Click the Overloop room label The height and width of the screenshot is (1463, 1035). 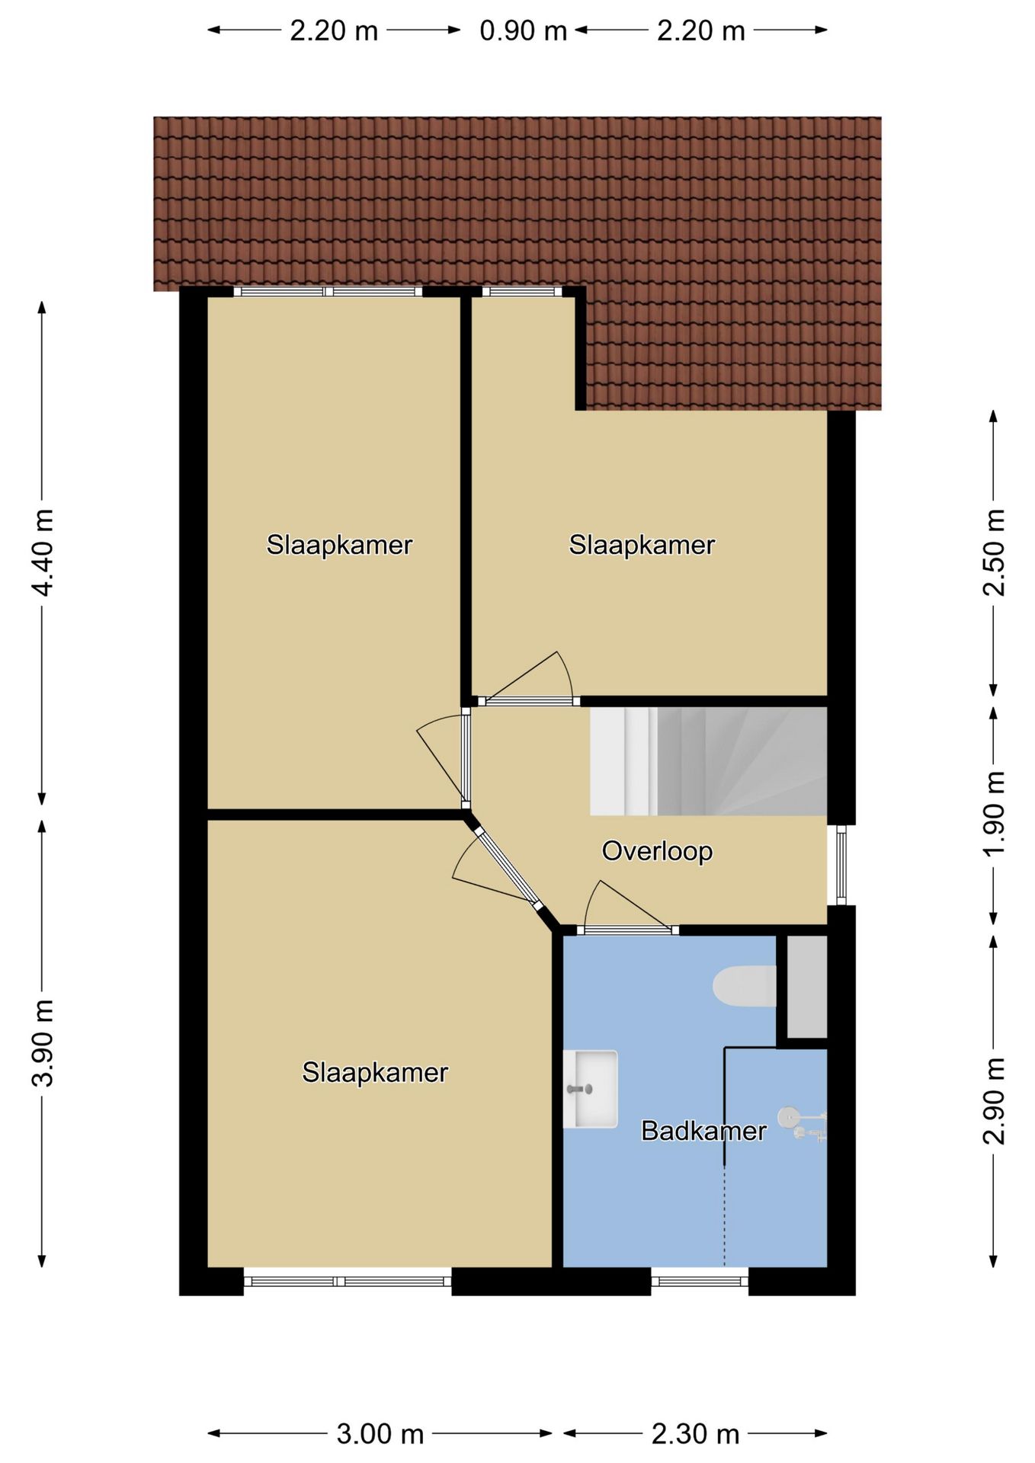(657, 851)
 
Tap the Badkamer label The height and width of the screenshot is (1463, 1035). (703, 1131)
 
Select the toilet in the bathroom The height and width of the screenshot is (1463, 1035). (745, 986)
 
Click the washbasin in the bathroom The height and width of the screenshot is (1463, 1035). (591, 1089)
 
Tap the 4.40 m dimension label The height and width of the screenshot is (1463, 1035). (43, 552)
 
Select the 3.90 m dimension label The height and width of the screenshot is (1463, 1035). (43, 1042)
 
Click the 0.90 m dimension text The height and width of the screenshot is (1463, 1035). (524, 30)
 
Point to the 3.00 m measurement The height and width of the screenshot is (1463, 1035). (380, 1434)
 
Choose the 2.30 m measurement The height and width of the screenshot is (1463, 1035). (696, 1434)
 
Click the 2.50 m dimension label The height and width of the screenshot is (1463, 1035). (994, 552)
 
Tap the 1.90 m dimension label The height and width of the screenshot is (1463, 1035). (994, 814)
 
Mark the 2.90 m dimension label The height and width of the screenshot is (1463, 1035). (994, 1101)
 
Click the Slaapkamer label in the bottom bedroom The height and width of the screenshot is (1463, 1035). (375, 1073)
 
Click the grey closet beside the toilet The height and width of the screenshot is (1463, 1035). (806, 987)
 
